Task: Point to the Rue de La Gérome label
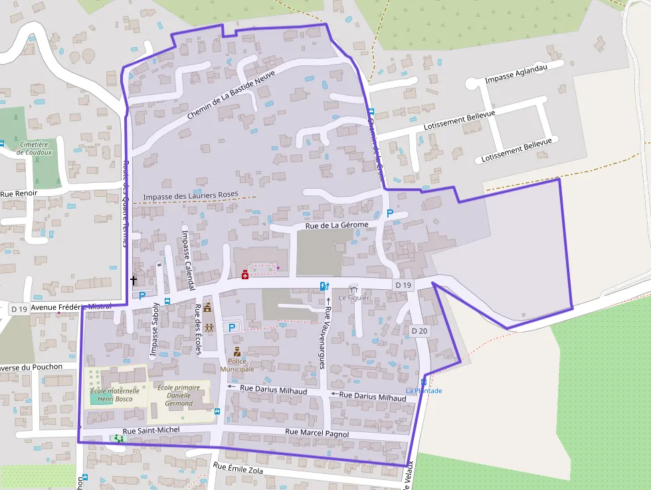point(336,225)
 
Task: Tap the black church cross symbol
point(134,281)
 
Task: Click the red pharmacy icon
point(245,274)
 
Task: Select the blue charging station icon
point(324,286)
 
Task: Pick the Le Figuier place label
point(353,297)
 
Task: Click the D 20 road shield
point(419,331)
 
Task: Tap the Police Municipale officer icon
point(236,352)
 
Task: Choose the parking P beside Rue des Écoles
point(232,327)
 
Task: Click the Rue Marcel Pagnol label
point(317,433)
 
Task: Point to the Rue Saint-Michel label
point(151,430)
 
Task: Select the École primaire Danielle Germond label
point(179,394)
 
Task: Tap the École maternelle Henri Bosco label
point(115,395)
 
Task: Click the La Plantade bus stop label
point(424,391)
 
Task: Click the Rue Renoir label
point(19,193)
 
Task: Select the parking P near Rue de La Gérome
point(390,213)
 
